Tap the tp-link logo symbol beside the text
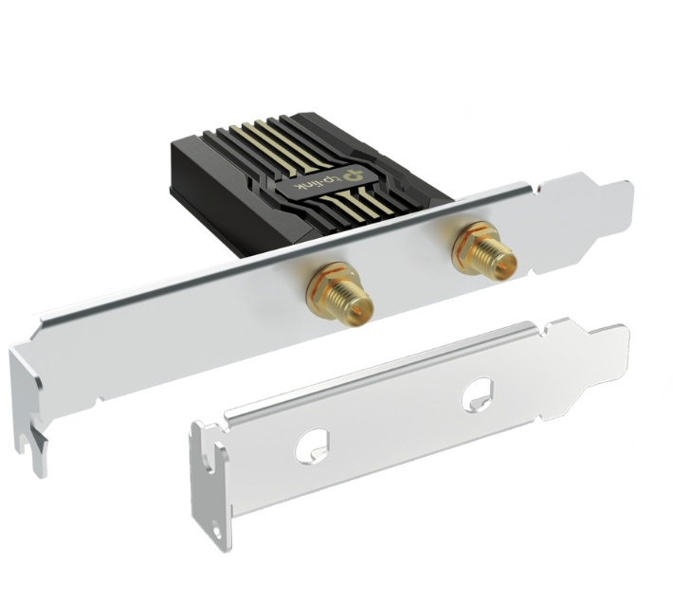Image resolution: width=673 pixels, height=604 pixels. (355, 174)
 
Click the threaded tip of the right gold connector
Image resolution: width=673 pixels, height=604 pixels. (501, 260)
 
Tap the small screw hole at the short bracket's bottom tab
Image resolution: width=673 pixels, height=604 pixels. (217, 534)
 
